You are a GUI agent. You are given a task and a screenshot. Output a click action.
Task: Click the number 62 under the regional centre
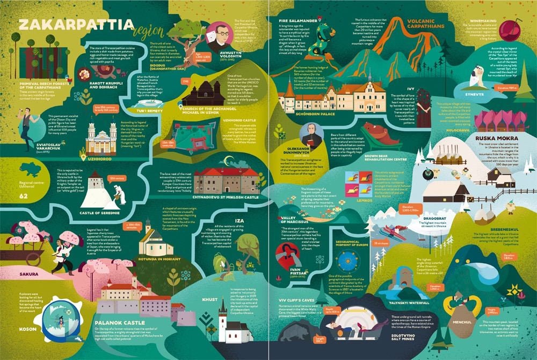coord(23,196)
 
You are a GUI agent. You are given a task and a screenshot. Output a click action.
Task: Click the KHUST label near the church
coord(209,299)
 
